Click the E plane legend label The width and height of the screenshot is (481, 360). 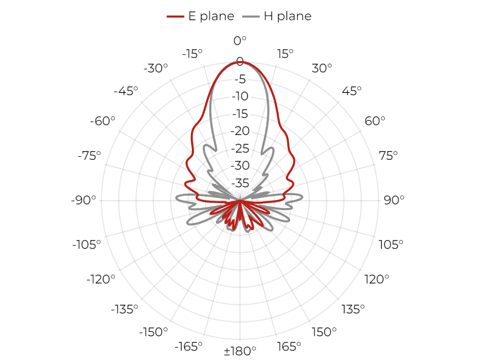point(211,16)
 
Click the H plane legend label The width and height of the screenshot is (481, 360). point(288,16)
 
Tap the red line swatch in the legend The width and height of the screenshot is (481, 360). point(175,16)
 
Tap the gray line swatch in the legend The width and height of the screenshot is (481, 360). point(251,16)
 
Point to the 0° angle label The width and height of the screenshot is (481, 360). point(240,40)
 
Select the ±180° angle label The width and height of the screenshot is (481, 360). point(240,351)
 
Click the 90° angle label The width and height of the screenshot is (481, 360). point(394,200)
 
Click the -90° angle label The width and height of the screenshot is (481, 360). point(83,200)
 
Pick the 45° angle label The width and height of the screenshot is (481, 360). point(352,91)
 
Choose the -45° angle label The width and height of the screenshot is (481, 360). point(126,91)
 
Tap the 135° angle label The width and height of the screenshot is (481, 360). point(353,309)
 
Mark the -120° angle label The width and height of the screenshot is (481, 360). point(101,279)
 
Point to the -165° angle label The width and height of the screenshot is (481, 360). point(188,347)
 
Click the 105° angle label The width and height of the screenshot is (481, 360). point(391,245)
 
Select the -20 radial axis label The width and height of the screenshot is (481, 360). point(240,131)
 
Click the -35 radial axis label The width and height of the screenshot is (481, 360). point(240,183)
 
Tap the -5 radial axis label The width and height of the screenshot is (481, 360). point(240,79)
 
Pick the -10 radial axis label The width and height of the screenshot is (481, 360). point(240,96)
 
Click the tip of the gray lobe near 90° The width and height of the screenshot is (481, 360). point(303,198)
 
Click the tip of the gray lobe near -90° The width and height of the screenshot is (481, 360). point(176,199)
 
